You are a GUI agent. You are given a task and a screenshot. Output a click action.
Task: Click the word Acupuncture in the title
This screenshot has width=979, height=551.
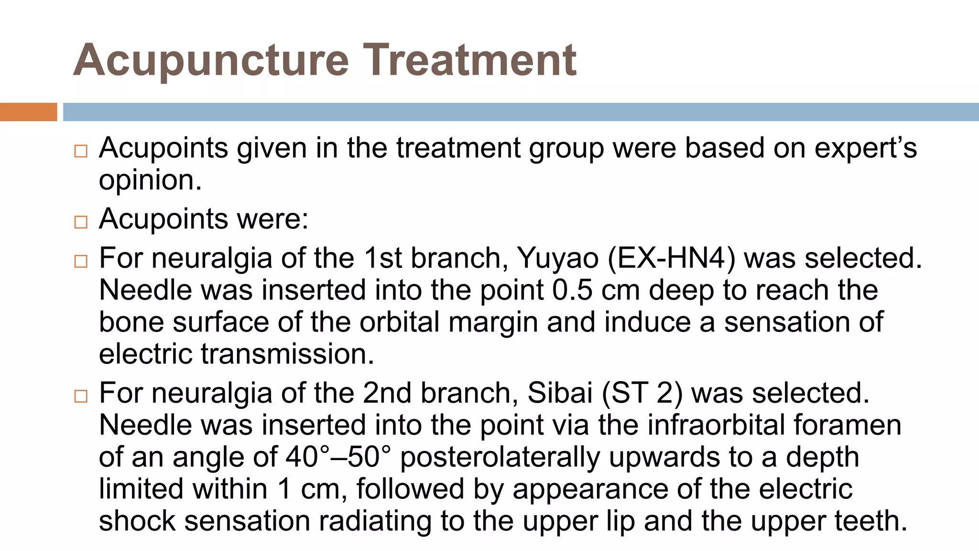pos(211,60)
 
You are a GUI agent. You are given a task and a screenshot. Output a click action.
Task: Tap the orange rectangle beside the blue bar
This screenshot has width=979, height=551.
pos(28,112)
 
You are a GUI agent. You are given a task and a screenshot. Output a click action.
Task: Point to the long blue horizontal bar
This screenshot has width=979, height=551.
pos(521,112)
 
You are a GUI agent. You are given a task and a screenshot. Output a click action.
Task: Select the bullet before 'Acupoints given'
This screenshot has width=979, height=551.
pos(81,152)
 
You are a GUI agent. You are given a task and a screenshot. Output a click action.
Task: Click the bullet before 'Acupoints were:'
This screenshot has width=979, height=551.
pos(81,222)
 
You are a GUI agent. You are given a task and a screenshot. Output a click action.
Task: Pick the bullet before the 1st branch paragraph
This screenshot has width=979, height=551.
pos(81,261)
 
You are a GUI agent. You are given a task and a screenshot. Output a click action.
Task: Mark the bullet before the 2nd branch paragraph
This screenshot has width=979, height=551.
pos(81,396)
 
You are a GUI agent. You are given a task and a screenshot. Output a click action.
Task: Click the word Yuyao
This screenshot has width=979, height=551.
pos(558,259)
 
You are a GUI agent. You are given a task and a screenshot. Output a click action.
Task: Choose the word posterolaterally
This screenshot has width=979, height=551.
pos(500,457)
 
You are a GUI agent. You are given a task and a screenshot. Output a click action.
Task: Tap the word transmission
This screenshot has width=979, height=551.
pos(287,354)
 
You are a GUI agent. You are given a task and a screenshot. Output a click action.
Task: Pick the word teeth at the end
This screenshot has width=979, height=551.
pos(870,521)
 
